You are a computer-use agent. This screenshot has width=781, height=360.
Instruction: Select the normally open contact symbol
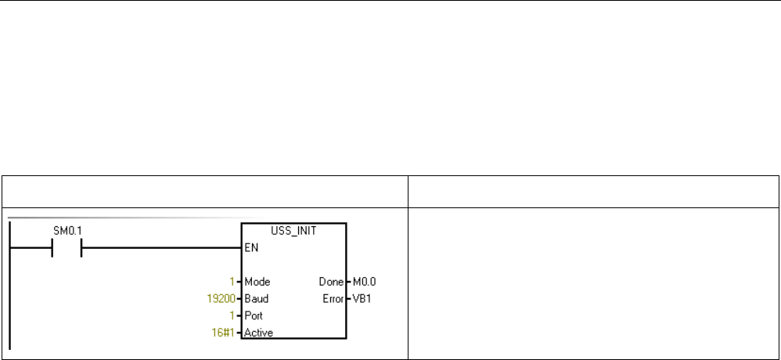pos(67,250)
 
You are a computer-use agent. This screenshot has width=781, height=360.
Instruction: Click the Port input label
pos(254,315)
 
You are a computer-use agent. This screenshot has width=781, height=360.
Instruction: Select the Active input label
pos(259,333)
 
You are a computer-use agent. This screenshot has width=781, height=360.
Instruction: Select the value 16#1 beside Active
pos(225,333)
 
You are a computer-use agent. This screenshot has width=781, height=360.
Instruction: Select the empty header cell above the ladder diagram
pos(205,192)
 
